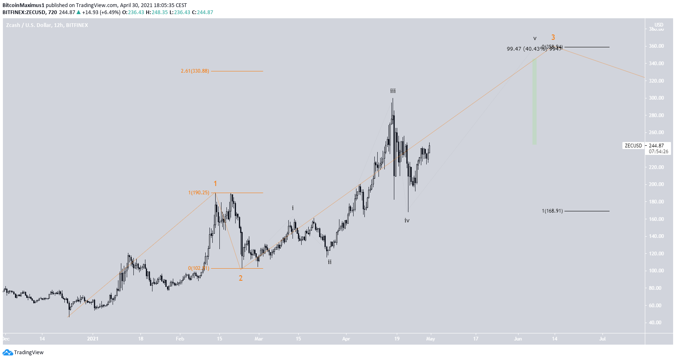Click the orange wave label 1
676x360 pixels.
pyautogui.click(x=215, y=184)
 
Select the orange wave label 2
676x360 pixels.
pyautogui.click(x=241, y=278)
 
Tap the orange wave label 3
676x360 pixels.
pyautogui.click(x=553, y=37)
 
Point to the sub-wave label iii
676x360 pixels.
pyautogui.click(x=393, y=91)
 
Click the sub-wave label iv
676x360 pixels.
pyautogui.click(x=407, y=220)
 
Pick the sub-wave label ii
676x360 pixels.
pyautogui.click(x=329, y=262)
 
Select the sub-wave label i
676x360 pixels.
pyautogui.click(x=293, y=208)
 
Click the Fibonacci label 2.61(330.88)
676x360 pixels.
pyautogui.click(x=195, y=71)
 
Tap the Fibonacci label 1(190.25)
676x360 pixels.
pyautogui.click(x=199, y=193)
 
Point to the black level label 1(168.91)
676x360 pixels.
pyautogui.click(x=552, y=211)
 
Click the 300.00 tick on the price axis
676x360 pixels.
pyautogui.click(x=656, y=98)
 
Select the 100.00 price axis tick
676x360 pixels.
pyautogui.click(x=656, y=271)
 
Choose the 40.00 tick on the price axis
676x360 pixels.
pyautogui.click(x=655, y=323)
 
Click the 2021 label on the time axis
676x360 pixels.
pyautogui.click(x=93, y=339)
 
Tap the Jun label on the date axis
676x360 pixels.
pyautogui.click(x=518, y=339)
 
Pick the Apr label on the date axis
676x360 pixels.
pyautogui.click(x=346, y=339)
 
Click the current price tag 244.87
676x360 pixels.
pyautogui.click(x=656, y=146)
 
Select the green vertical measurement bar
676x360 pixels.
pyautogui.click(x=535, y=102)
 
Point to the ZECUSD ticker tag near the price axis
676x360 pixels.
pyautogui.click(x=633, y=146)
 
